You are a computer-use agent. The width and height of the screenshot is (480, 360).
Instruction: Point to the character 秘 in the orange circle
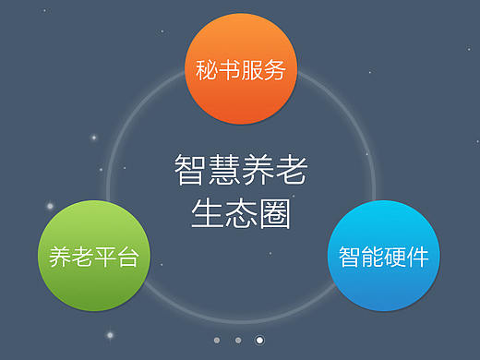tap(206, 71)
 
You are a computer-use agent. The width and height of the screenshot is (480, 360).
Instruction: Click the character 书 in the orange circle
tap(229, 71)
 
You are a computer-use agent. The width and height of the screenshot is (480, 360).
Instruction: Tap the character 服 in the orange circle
tap(252, 71)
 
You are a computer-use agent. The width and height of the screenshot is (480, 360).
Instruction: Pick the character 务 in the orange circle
tap(275, 71)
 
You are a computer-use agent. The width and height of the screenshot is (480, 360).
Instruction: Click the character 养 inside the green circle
tap(60, 258)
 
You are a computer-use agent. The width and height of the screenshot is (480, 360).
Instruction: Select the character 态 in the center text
tap(240, 215)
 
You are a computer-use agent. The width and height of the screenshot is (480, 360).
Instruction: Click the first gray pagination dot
tap(217, 340)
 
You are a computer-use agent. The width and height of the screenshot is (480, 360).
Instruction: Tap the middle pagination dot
tap(238, 340)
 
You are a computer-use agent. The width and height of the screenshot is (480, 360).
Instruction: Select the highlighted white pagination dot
tap(259, 340)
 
